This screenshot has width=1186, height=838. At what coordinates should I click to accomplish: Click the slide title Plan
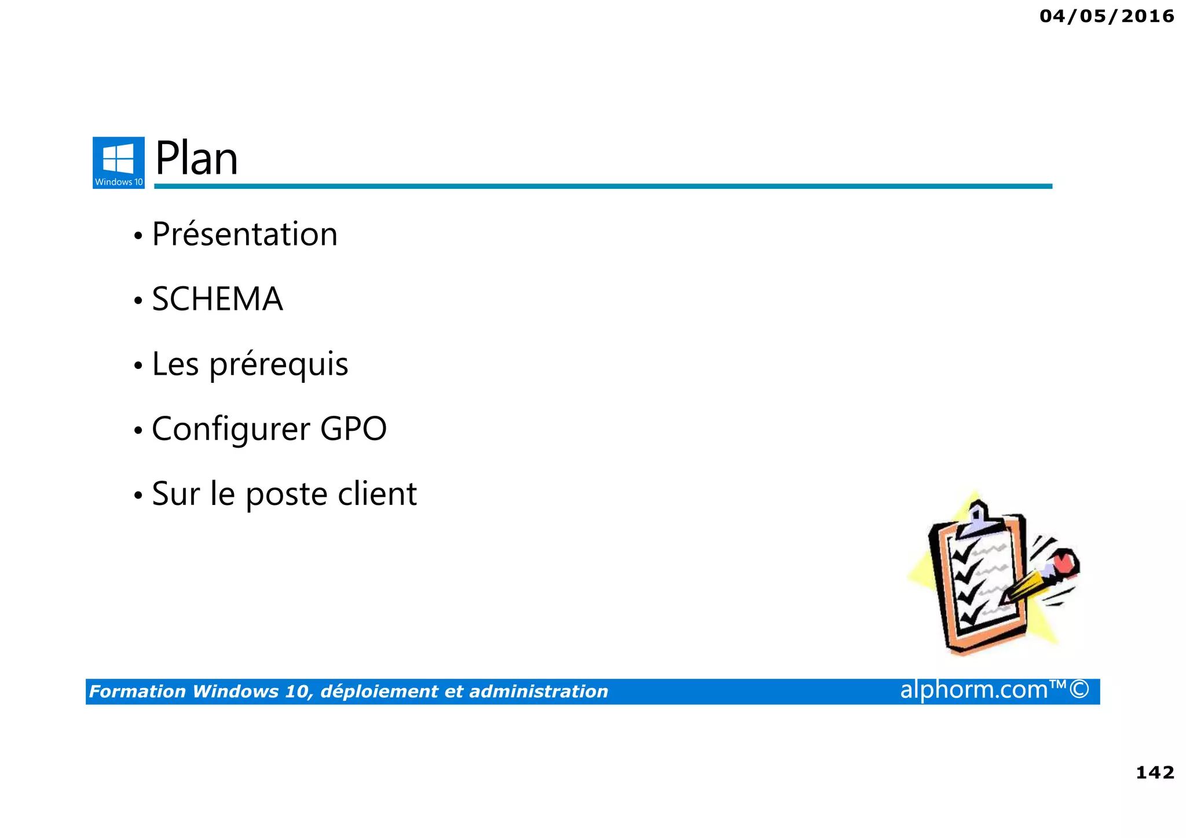(x=196, y=159)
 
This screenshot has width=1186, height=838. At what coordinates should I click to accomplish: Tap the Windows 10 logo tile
(x=119, y=162)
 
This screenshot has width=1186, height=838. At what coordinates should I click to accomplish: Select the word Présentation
(x=244, y=235)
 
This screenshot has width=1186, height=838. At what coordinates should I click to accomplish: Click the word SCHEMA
(x=217, y=299)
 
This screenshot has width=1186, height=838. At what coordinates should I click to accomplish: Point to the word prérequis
(x=279, y=365)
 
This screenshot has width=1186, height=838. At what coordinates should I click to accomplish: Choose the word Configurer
(x=231, y=430)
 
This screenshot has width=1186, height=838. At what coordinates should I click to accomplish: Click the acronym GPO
(x=353, y=429)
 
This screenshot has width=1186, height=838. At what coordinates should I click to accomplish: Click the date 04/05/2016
(x=1107, y=16)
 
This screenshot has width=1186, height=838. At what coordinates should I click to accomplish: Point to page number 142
(x=1155, y=773)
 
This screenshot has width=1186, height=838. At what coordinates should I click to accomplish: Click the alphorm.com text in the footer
(x=974, y=690)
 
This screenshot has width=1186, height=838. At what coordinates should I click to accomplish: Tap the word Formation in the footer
(x=137, y=691)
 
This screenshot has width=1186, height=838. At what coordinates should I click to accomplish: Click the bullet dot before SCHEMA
(x=138, y=301)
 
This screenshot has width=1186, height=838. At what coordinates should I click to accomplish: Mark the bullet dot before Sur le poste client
(x=138, y=496)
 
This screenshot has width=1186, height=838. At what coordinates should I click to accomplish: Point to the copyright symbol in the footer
(x=1079, y=690)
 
